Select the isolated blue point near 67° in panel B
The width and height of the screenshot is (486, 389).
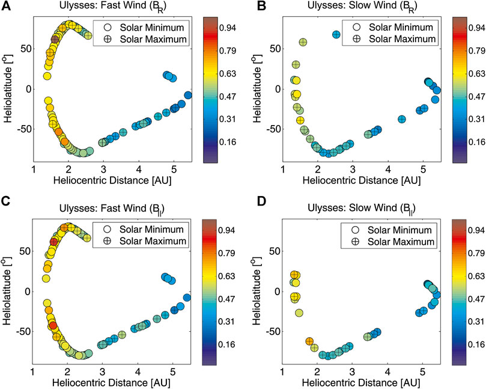coord(336,35)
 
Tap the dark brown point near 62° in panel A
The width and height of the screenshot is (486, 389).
coord(55,40)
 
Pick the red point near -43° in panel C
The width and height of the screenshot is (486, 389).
coord(53,325)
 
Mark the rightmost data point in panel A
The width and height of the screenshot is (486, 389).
coord(187,95)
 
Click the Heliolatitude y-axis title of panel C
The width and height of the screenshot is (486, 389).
coord(8,292)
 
